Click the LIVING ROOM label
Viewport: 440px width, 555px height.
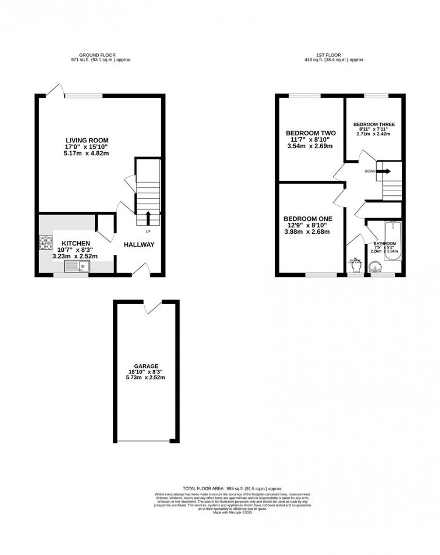point(87,140)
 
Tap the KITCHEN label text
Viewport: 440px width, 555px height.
point(76,244)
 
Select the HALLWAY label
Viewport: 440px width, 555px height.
point(139,245)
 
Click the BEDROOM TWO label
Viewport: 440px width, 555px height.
point(311,133)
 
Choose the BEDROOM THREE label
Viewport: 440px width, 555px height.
point(374,124)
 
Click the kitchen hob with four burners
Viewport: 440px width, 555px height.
point(45,242)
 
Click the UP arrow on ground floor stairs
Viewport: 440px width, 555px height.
point(148,219)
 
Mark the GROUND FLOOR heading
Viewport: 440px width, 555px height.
point(101,55)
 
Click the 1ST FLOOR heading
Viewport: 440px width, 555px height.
point(334,55)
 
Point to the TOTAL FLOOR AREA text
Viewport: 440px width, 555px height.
point(232,488)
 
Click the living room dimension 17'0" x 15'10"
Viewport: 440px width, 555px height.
point(87,147)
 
